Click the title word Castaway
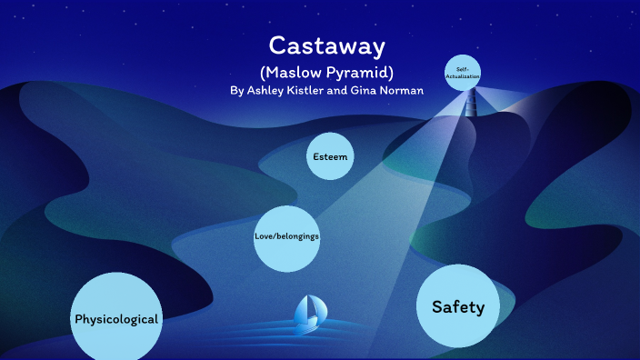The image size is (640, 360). coord(326,45)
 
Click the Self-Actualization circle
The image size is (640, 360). coord(462,72)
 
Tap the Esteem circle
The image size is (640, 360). coord(330,157)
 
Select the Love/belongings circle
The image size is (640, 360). coord(286,237)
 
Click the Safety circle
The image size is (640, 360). coord(458,306)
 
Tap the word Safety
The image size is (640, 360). coord(458,307)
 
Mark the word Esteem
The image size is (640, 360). coord(330,157)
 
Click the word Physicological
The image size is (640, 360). coord(116,320)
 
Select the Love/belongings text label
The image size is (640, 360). coord(286,237)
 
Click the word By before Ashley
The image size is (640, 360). coord(237,91)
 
